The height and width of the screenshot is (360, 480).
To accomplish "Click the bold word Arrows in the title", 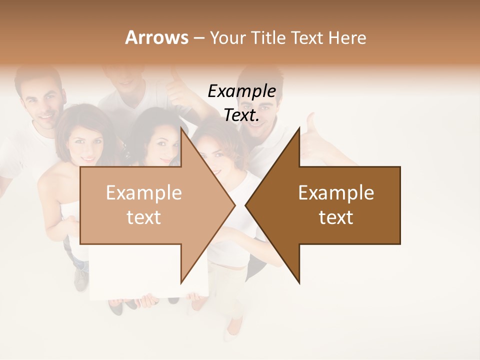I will [156, 37].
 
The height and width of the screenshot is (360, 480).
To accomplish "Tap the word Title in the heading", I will [268, 38].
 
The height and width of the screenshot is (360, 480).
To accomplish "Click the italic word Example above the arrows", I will [241, 91].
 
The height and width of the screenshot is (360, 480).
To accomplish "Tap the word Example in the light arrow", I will [143, 193].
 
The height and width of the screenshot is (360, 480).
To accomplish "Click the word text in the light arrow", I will [143, 217].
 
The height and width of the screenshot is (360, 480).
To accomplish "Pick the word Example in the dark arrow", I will [336, 193].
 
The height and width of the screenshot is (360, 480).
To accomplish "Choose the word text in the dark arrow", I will [336, 217].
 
